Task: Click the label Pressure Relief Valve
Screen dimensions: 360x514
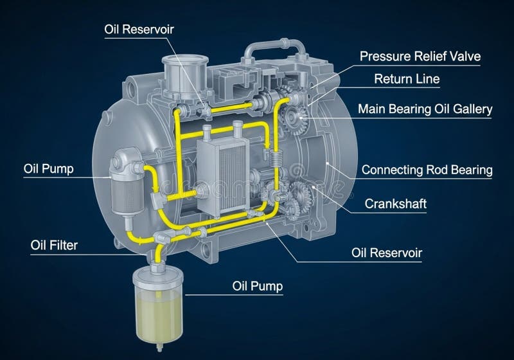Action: pos(420,57)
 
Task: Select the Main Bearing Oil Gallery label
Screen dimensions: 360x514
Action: pos(425,109)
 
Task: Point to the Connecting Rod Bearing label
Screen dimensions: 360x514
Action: pos(427,170)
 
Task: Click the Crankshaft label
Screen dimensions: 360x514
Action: pos(396,204)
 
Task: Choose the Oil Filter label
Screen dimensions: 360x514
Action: pos(55,245)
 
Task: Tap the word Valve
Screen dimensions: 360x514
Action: pos(466,57)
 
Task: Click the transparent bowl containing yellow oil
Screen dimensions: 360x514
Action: pos(157,302)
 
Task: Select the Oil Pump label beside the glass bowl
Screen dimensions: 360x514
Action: pos(257,285)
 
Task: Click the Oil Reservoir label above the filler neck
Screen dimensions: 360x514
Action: pos(139,29)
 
